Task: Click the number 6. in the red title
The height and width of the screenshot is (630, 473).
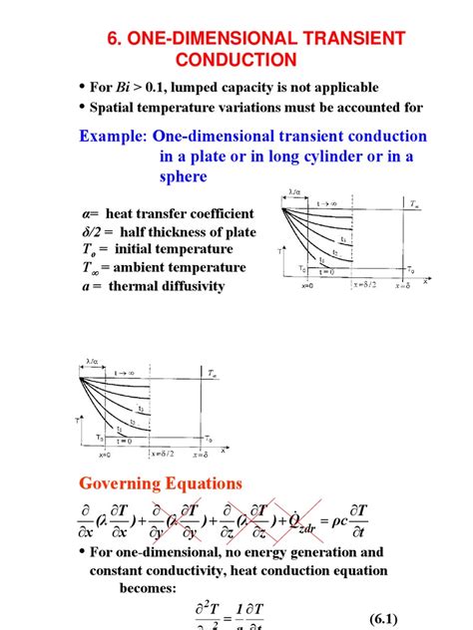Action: tap(114, 38)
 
